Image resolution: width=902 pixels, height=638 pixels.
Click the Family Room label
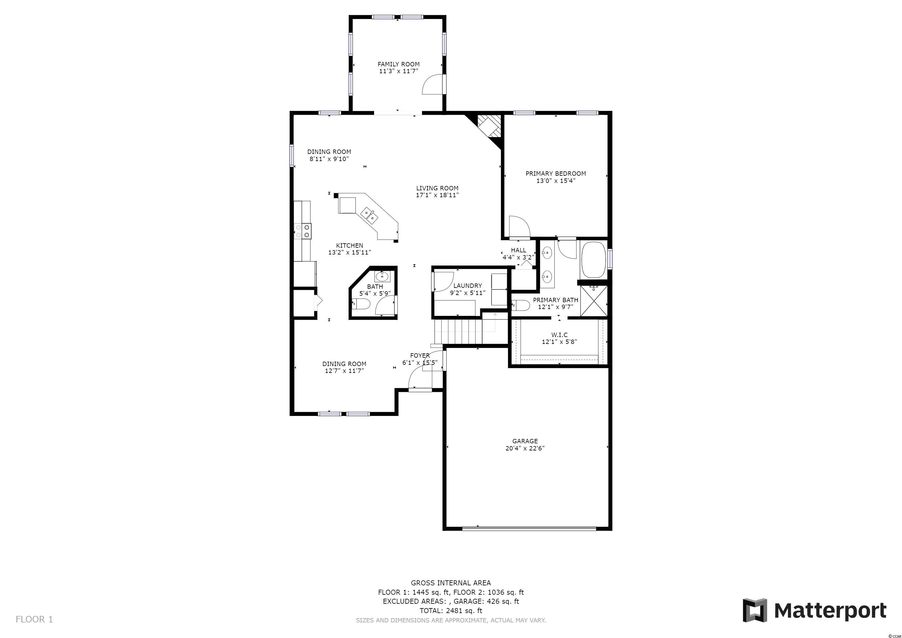click(398, 64)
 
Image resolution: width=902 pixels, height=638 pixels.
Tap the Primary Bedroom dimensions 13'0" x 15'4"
click(556, 181)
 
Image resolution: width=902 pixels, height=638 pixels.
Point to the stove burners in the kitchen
click(303, 231)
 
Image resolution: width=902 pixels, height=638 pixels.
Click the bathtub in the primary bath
click(594, 260)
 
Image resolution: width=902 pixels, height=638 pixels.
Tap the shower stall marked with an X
click(594, 301)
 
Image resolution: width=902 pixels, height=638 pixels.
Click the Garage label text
click(525, 441)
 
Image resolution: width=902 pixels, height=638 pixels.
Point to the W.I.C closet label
click(559, 335)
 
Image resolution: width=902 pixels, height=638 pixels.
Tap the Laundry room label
click(468, 286)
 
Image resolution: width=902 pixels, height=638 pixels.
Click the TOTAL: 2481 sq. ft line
click(451, 611)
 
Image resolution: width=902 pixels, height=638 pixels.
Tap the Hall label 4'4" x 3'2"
click(519, 254)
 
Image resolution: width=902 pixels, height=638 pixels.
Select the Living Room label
click(437, 188)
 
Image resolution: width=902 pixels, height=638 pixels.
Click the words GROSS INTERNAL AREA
click(451, 583)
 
